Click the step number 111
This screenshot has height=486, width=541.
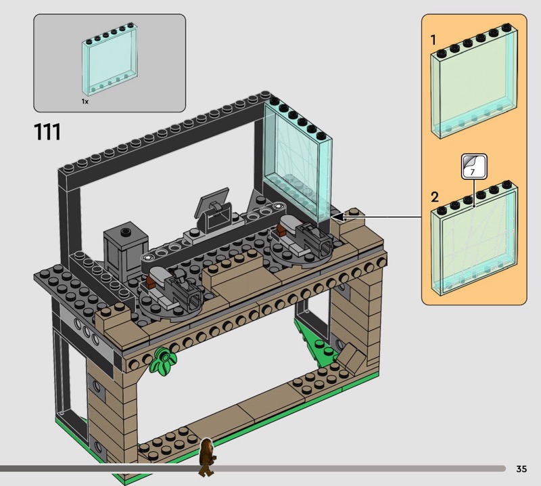tap(47, 132)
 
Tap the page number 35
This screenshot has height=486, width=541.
tap(521, 468)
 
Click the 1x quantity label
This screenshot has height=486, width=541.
tap(85, 102)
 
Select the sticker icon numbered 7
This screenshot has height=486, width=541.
tap(474, 167)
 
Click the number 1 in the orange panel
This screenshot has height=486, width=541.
tap(433, 40)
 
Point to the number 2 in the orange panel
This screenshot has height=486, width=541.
tap(435, 197)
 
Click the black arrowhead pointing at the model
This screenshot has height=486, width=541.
tap(339, 217)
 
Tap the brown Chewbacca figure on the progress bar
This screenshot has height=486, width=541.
tap(207, 457)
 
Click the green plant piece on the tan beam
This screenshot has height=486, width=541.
tap(163, 361)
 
